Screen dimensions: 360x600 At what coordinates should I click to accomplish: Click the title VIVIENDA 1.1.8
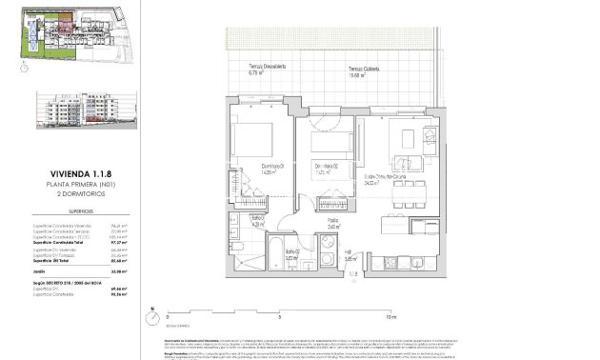pos(67,172)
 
